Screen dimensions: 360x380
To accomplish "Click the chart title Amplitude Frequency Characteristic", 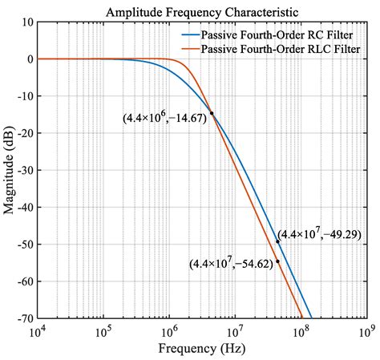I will pos(201,12).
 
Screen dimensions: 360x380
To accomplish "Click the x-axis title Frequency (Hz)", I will pos(201,350).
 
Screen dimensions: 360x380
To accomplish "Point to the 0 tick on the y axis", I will pos(28,59).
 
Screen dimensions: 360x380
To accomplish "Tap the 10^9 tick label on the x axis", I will pos(367,331).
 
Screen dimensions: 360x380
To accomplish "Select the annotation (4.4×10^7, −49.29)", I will pos(321,234).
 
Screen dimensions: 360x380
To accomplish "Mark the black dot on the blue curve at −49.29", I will pos(278,241).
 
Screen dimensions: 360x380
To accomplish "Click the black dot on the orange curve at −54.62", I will pos(278,261).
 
